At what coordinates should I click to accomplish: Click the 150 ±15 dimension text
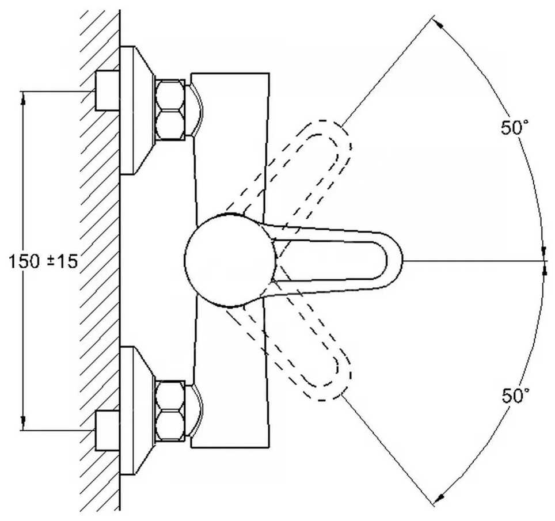coord(44,261)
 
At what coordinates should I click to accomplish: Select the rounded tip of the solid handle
coord(394,260)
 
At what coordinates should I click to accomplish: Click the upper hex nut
coord(170,109)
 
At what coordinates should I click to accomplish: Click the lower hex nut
coord(170,410)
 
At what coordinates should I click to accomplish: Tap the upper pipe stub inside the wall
coord(107,90)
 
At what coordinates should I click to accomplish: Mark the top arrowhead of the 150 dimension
coord(24,98)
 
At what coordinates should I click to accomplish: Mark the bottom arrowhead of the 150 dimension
coord(24,424)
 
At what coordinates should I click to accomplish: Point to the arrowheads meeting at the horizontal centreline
coord(544,261)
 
